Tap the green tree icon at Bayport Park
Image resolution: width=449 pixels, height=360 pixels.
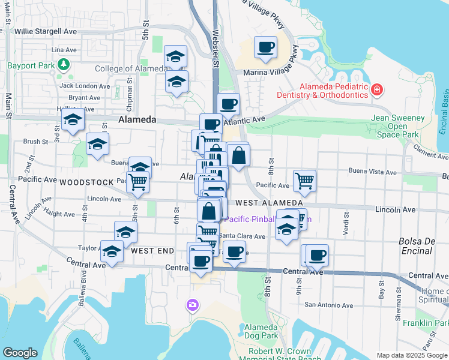(62, 64)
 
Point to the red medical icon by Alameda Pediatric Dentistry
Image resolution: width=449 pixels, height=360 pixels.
(376, 91)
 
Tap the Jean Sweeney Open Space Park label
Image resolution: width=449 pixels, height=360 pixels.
(398, 126)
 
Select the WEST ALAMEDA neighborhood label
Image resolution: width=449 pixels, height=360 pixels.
(268, 203)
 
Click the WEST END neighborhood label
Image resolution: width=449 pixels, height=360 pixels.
(152, 250)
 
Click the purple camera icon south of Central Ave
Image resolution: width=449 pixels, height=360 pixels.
(192, 305)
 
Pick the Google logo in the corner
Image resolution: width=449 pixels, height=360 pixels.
(20, 353)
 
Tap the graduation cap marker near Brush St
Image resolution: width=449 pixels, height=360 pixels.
(97, 144)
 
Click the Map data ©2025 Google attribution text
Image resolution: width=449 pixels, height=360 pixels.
(412, 355)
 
